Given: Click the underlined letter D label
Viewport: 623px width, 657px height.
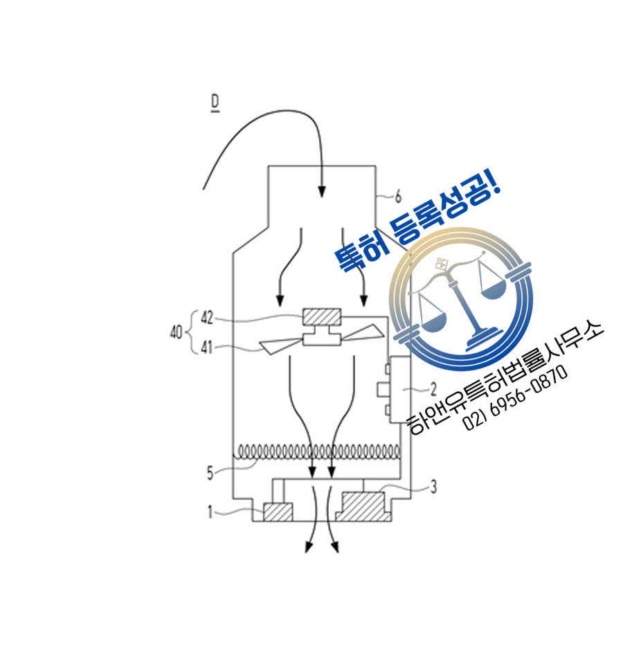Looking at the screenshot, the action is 215,103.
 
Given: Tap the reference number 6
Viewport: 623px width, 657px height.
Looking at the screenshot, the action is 397,196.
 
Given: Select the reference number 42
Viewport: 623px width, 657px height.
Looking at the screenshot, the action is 207,318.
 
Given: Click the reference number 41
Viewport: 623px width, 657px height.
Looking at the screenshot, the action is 206,348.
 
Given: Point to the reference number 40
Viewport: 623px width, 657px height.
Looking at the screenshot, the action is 176,333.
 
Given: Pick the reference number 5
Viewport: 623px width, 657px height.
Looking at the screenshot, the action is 210,474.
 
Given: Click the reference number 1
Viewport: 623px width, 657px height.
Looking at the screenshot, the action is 210,511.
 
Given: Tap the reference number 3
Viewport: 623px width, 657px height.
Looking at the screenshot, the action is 433,487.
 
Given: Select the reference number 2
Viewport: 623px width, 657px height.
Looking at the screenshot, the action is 433,390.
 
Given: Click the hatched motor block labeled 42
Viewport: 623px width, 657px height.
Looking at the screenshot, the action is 322,317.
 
